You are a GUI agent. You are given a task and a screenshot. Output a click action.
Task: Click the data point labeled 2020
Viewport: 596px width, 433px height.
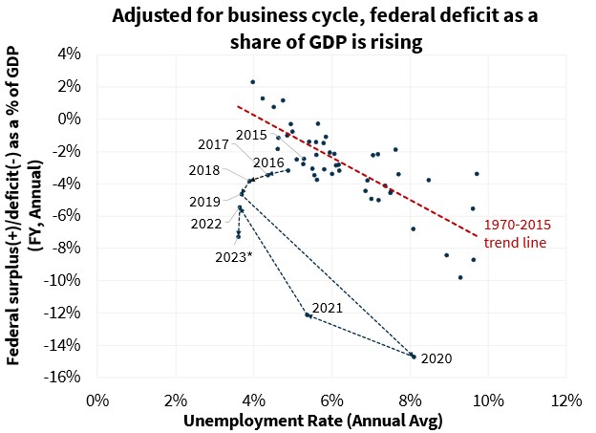[x=413, y=356]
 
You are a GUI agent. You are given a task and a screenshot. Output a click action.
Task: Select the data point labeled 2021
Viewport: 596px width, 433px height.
[x=308, y=314]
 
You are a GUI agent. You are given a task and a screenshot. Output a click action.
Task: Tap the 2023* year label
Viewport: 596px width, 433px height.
[x=235, y=255]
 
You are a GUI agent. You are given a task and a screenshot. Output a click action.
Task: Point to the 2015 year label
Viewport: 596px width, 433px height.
[x=251, y=136]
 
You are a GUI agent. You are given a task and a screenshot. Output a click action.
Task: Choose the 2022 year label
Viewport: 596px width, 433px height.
[x=206, y=224]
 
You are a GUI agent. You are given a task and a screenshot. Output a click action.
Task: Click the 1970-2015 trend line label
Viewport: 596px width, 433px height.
[x=515, y=234]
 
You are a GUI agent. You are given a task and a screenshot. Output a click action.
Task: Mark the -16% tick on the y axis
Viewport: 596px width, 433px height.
[x=73, y=376]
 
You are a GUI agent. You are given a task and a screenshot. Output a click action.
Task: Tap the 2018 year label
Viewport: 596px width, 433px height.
[x=204, y=170]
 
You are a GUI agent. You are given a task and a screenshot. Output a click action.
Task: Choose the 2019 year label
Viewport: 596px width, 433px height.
[x=205, y=202]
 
